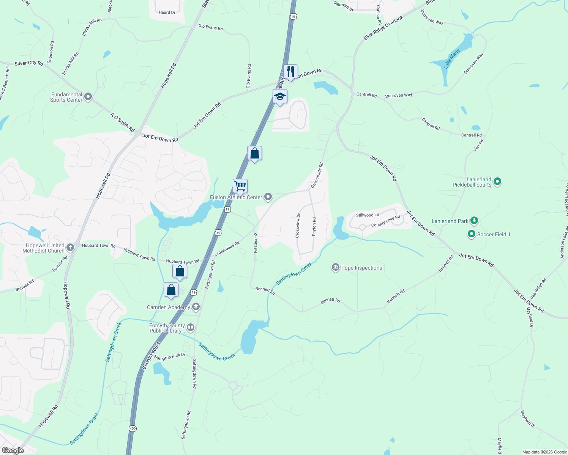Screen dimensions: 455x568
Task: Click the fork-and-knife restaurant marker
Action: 290,72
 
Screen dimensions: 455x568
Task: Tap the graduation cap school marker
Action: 280,97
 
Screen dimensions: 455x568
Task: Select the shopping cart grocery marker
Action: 240,187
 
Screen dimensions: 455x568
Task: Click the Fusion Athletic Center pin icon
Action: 268,197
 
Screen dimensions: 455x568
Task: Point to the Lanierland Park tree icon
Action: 474,221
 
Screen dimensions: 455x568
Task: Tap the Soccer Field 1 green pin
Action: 471,234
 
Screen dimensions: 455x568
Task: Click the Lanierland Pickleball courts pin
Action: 497,182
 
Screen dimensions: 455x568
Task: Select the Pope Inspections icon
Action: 335,268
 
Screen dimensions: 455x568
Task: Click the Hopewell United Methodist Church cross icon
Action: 70,248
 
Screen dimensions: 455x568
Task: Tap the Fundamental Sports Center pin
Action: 88,97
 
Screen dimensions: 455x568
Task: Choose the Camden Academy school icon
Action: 196,307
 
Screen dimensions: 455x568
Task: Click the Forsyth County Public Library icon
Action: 191,327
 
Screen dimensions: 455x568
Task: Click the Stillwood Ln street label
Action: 368,215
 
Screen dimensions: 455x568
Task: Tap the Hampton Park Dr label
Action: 170,357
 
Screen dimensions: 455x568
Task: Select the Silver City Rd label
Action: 29,63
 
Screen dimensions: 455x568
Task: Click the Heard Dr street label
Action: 167,13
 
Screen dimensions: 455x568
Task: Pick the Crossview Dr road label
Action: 298,226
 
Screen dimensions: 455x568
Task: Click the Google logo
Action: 13,450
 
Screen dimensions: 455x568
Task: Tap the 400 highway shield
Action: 132,428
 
